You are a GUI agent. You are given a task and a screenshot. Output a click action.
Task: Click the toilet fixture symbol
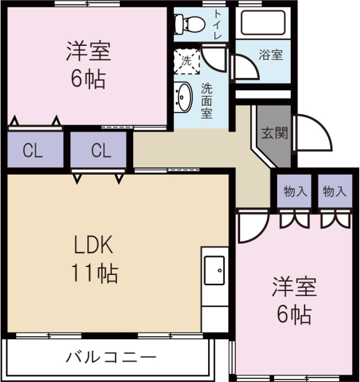pyautogui.click(x=190, y=24)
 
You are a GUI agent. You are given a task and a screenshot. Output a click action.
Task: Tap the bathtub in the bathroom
pyautogui.click(x=263, y=23)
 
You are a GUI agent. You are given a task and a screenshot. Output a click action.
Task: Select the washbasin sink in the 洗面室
pyautogui.click(x=183, y=98)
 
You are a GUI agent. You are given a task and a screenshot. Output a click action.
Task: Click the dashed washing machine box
pyautogui.click(x=187, y=61)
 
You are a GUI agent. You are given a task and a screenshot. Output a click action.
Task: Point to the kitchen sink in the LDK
pyautogui.click(x=215, y=270)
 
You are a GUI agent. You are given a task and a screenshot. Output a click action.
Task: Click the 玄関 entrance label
pyautogui.click(x=274, y=133)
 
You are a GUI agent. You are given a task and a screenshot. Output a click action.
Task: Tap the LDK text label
pyautogui.click(x=93, y=244)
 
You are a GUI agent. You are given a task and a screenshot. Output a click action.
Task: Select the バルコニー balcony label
pyautogui.click(x=111, y=358)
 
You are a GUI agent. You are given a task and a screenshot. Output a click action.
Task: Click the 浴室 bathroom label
pyautogui.click(x=271, y=55)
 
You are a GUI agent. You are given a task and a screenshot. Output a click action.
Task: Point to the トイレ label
pyautogui.click(x=217, y=24)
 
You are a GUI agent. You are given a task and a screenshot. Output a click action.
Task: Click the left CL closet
pyautogui.click(x=36, y=149)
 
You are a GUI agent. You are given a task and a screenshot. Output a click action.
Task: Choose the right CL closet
pyautogui.click(x=99, y=149)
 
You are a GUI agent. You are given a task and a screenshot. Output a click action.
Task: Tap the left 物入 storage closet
pyautogui.click(x=295, y=191)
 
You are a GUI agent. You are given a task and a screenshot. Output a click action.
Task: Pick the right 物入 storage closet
pyautogui.click(x=335, y=191)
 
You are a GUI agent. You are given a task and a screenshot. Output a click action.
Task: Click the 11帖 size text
pyautogui.click(x=95, y=273)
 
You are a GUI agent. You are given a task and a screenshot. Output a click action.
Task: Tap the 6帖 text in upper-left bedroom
pyautogui.click(x=88, y=79)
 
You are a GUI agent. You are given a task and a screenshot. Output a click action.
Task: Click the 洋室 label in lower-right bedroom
pyautogui.click(x=295, y=287)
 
